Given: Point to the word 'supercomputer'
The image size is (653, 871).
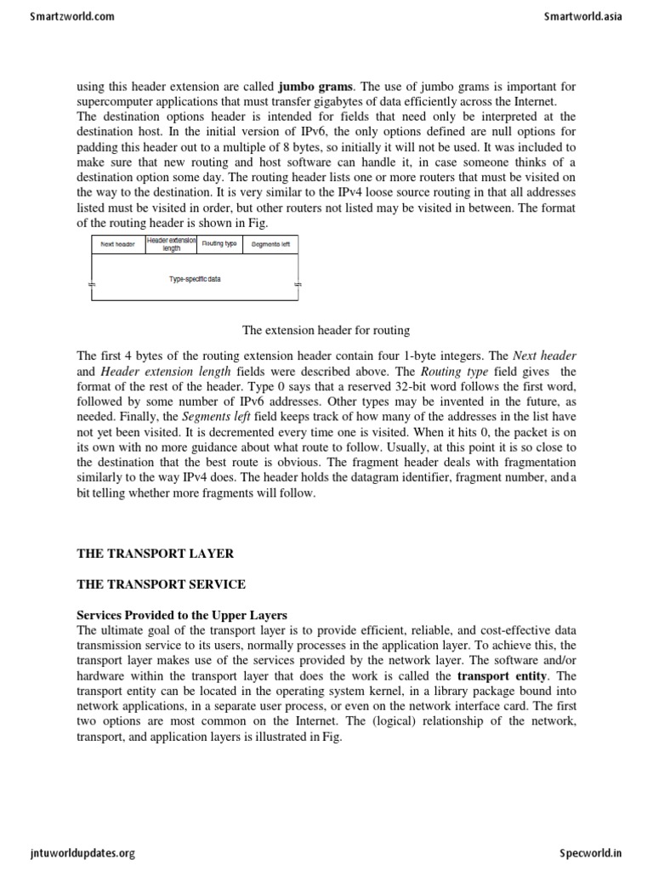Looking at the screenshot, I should [x=114, y=100].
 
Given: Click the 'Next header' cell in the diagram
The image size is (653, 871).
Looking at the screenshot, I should [x=118, y=244].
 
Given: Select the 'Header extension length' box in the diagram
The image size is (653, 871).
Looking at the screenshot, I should [x=171, y=244].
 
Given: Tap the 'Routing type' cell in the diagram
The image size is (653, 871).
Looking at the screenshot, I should [x=219, y=244].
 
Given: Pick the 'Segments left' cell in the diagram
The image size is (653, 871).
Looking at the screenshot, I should [x=270, y=244].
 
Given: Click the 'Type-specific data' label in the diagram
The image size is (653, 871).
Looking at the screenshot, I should [x=195, y=279].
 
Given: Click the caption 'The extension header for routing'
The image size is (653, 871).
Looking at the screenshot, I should [x=326, y=329].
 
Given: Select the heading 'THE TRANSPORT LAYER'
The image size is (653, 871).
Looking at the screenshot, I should [x=155, y=554].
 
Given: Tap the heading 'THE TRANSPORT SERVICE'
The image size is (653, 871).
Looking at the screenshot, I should [x=161, y=584].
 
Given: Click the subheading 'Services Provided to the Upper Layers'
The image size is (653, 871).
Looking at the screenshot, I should [x=182, y=615].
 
